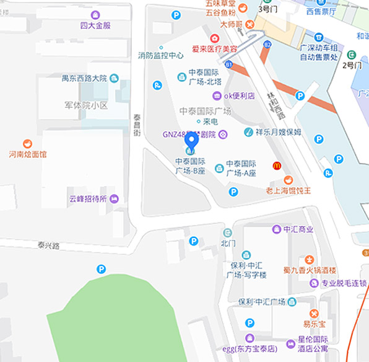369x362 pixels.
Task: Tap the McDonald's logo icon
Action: tap(277, 166)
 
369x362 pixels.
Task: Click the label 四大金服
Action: tap(95, 25)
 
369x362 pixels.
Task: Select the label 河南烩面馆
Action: tap(27, 154)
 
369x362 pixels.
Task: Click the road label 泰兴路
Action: tap(48, 245)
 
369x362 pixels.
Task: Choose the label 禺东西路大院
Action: tap(84, 79)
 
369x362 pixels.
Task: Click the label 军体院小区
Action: tap(86, 105)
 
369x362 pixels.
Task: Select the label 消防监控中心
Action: tap(161, 55)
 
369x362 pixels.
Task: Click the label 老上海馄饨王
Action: tap(288, 190)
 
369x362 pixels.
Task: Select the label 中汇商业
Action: tap(298, 229)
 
